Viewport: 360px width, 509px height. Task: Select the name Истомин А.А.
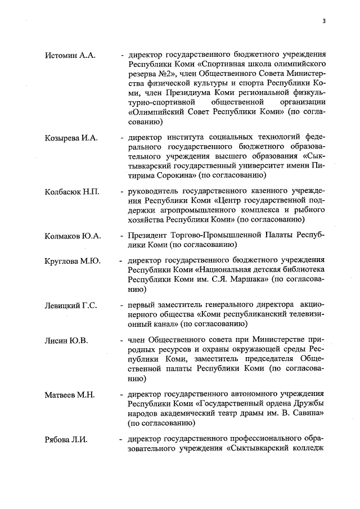tap(70, 55)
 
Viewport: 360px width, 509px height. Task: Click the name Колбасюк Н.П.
tap(72, 192)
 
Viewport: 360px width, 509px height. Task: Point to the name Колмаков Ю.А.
tap(73, 235)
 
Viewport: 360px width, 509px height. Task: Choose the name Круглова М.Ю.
tap(73, 262)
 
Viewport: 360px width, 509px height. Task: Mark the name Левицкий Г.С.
tap(71, 305)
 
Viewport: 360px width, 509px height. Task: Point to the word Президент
tap(148, 235)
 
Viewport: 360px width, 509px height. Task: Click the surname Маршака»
tap(245, 280)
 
